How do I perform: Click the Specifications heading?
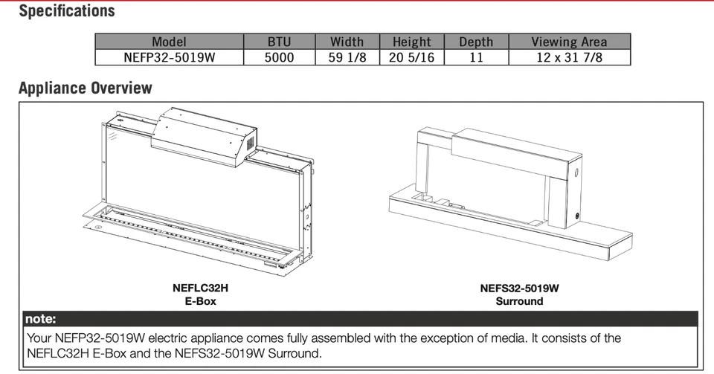click(67, 11)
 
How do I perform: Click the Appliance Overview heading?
click(86, 88)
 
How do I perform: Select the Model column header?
click(169, 42)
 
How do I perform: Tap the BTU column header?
click(280, 42)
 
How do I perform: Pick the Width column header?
click(347, 42)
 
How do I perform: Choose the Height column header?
click(411, 42)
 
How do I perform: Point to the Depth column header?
click(476, 42)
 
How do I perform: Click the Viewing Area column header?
click(569, 42)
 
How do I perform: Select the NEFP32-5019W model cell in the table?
click(169, 57)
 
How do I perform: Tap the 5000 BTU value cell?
click(280, 57)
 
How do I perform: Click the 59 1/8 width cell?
click(347, 57)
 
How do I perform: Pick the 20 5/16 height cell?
click(411, 57)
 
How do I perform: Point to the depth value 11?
click(476, 57)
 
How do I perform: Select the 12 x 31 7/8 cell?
click(569, 57)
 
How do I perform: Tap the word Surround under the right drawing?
click(519, 301)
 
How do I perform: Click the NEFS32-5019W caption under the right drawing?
click(519, 288)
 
